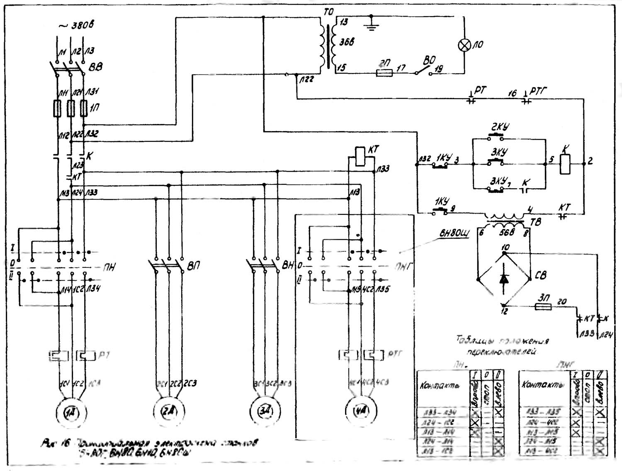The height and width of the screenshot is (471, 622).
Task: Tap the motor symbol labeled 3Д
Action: (265, 410)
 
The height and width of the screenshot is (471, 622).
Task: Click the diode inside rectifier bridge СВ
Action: (504, 279)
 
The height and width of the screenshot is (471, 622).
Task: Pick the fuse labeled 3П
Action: (544, 307)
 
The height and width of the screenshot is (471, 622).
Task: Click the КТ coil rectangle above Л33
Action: (360, 156)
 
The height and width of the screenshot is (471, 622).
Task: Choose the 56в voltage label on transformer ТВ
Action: (507, 232)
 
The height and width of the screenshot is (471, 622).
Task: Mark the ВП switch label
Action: (193, 265)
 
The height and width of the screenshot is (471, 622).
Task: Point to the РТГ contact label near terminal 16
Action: (538, 90)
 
